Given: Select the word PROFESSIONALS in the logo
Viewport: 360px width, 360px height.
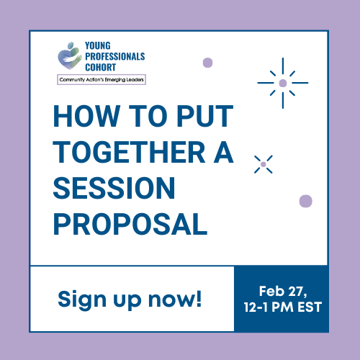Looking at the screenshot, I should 114,56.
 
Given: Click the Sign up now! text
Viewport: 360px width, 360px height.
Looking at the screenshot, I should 130,298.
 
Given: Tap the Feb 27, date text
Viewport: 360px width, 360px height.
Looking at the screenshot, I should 282,291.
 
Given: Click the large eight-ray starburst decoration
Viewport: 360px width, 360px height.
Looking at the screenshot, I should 283,83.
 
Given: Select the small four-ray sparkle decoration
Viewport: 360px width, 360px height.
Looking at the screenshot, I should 264,165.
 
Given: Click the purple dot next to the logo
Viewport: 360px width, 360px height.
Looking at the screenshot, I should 207,63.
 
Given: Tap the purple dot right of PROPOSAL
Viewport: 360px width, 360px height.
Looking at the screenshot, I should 305,201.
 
